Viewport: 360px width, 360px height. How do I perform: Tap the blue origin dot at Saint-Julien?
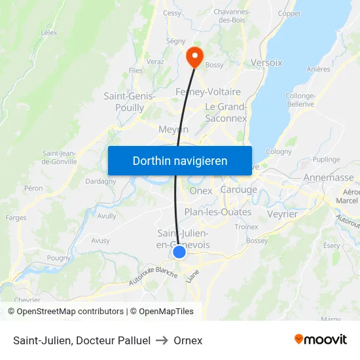179,252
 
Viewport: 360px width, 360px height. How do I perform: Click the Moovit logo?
321,340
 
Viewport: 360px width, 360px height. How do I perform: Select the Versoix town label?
266,63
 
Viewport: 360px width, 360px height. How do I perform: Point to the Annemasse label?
329,177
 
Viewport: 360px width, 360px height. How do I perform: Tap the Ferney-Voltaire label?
208,92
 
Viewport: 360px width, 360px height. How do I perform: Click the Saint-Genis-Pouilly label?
129,101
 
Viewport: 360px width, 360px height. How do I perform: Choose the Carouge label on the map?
238,190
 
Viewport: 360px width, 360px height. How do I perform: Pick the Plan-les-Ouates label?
218,212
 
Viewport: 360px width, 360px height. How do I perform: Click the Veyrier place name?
283,214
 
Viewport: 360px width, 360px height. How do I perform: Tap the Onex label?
200,190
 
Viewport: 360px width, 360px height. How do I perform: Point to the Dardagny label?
101,181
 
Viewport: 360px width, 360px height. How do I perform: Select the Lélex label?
49,32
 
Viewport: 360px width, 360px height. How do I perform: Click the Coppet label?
289,13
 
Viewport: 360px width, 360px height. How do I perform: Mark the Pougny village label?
59,258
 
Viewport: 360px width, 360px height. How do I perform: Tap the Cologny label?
279,151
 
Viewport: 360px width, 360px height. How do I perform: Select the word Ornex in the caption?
188,340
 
